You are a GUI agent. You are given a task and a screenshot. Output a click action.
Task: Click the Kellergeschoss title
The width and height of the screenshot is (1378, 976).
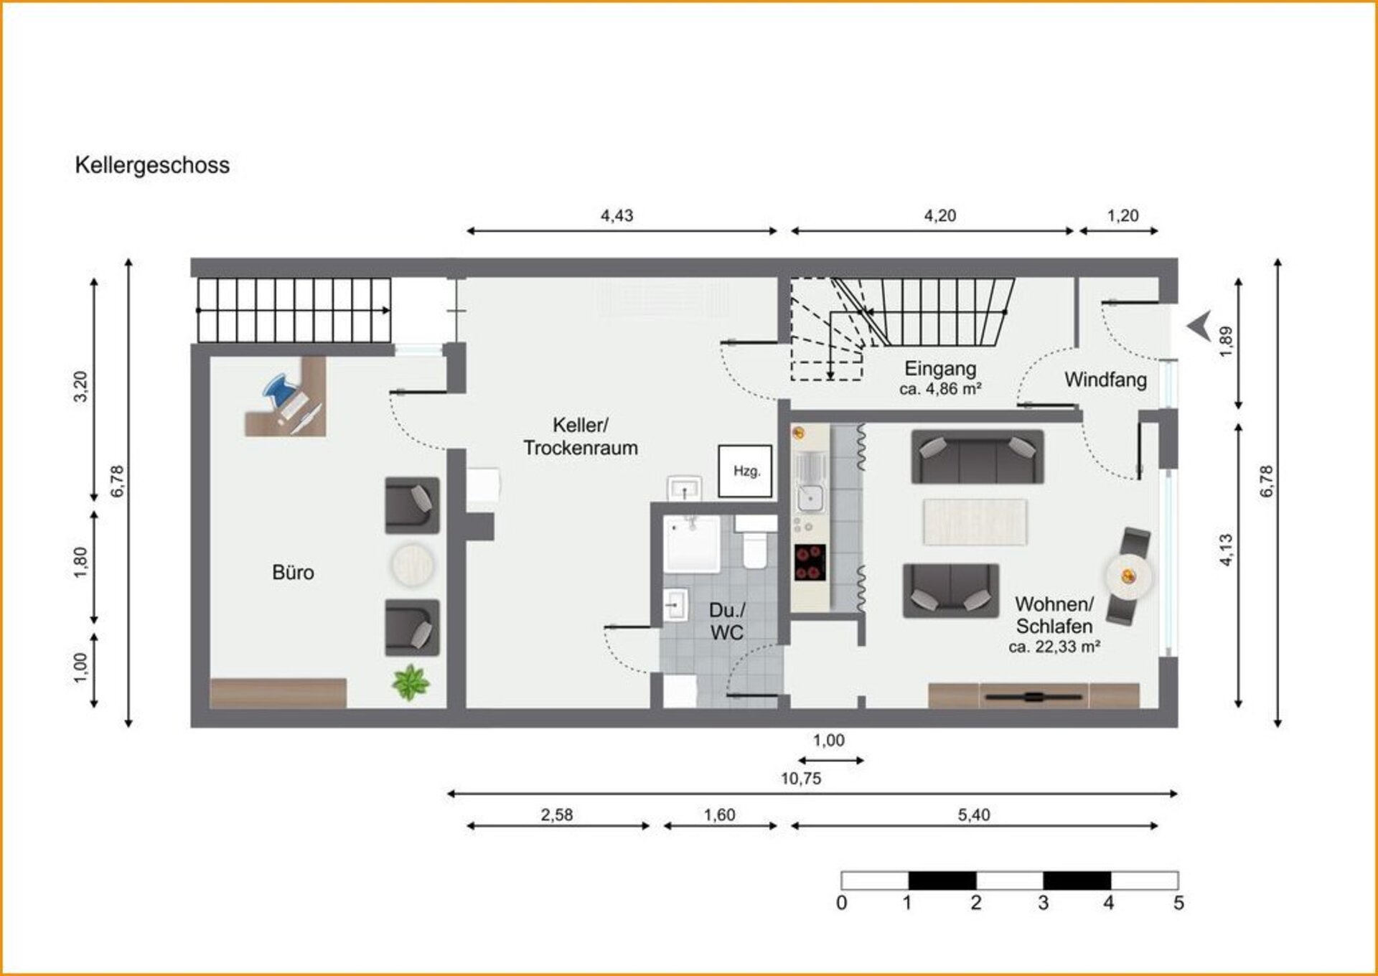[152, 165]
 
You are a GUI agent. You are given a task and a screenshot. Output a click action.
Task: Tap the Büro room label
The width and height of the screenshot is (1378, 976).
[293, 573]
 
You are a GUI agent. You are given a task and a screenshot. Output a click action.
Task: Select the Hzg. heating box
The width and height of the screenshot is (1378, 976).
[746, 471]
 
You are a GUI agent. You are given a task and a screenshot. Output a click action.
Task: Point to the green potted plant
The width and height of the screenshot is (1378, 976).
[411, 682]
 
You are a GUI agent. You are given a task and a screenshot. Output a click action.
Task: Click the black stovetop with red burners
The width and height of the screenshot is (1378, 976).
[810, 562]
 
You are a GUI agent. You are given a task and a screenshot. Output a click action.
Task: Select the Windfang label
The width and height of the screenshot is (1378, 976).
[1105, 380]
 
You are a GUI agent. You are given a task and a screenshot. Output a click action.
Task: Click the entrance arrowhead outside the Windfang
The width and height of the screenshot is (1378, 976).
[1199, 326]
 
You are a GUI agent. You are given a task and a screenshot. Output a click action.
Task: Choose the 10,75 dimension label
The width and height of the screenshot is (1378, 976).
[801, 779]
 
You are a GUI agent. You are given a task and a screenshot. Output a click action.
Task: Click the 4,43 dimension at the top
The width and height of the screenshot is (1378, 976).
[617, 215]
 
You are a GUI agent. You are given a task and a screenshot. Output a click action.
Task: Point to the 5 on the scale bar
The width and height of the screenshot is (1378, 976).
[1178, 903]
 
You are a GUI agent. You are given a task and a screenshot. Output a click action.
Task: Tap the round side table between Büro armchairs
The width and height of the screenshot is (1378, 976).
[412, 565]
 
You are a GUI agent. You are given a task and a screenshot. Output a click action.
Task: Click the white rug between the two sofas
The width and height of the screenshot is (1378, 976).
[975, 522]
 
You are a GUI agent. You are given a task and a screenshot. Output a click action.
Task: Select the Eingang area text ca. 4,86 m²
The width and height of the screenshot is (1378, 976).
[940, 389]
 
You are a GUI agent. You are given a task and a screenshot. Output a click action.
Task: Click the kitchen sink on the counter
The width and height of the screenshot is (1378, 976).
[811, 497]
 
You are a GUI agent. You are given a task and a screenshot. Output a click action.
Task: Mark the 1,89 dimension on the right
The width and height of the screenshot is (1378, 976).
[1226, 339]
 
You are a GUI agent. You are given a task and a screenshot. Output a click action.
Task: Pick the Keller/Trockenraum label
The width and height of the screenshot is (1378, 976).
[581, 436]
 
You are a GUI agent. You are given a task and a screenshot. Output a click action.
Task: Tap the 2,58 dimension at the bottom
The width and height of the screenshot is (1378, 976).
[557, 815]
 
